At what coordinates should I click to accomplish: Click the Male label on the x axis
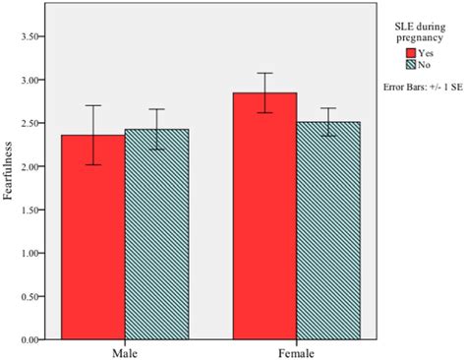pos(124,350)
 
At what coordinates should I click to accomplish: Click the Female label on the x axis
pos(296,350)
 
